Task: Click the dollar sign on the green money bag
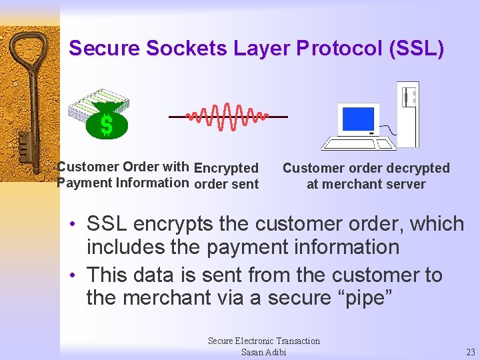pos(106,125)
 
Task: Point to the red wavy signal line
pos(227,117)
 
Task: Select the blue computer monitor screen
pos(358,119)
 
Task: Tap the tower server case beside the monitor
pos(407,113)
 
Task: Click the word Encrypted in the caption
pos(226,168)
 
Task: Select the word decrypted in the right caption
pos(417,168)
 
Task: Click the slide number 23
pos(470,352)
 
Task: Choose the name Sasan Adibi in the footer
pos(263,352)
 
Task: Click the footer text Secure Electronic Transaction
pos(264,341)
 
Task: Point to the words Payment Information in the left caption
pos(123,183)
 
